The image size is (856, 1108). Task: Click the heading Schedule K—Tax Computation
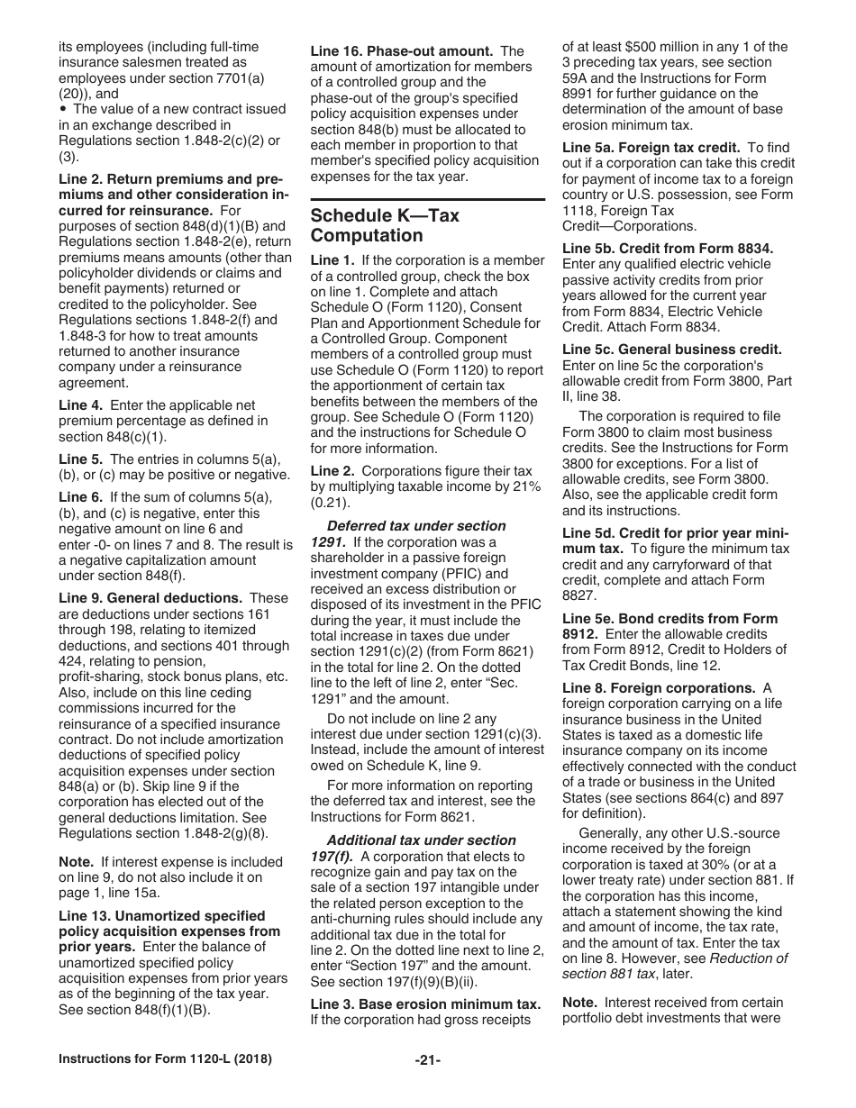click(x=385, y=226)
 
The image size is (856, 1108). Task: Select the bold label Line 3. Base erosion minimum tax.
click(x=426, y=1003)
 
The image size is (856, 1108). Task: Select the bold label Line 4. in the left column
click(x=81, y=405)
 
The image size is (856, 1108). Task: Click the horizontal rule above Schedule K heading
click(x=427, y=198)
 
